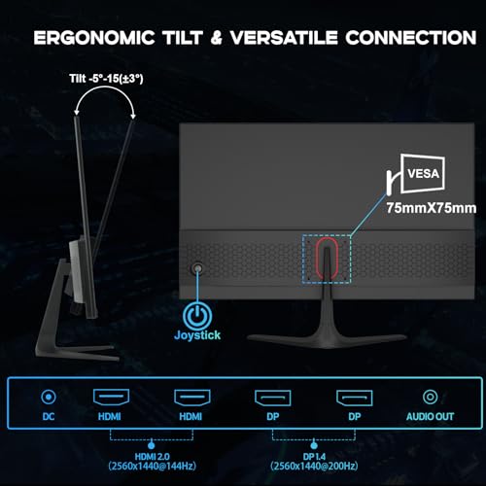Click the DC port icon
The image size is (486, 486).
pos(49,397)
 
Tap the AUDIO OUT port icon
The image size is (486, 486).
pos(430,397)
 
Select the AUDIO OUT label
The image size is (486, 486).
pos(430,416)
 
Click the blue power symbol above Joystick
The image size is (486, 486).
pos(197,315)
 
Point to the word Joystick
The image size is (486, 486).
pos(197,335)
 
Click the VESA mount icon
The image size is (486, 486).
pos(416,174)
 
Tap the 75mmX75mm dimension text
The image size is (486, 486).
pos(432,208)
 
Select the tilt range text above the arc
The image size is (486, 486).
pos(106,79)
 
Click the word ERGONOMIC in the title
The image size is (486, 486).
pos(94,38)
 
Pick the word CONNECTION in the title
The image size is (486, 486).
pos(411,38)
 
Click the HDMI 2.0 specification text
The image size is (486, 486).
pos(152,462)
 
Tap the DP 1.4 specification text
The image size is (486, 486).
pos(314,462)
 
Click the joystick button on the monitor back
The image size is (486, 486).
pos(197,268)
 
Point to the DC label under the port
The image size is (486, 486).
pos(49,416)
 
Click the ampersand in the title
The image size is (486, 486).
pos(216,38)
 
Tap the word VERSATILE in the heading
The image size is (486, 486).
pos(284,38)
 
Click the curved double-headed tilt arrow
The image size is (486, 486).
pos(104,87)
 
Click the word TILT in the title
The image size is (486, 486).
pos(183,38)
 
